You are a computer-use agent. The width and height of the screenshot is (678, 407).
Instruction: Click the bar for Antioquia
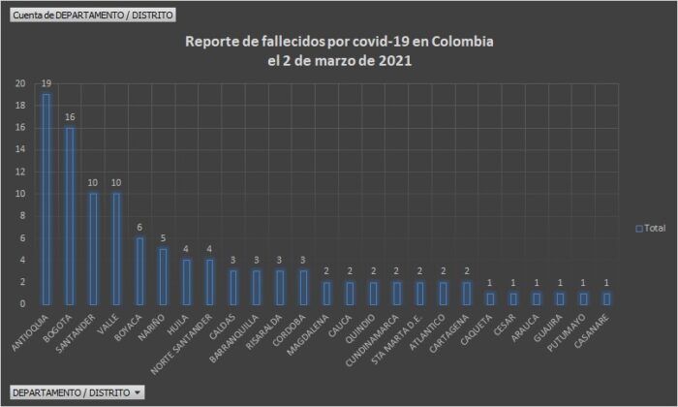click(45, 199)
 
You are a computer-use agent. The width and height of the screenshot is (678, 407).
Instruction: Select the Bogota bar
click(70, 215)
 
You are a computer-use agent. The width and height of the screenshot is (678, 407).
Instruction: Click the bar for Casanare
click(607, 298)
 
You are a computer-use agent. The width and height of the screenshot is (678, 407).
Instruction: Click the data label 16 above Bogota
click(70, 117)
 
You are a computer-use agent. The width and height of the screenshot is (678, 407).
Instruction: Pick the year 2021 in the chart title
click(394, 61)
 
